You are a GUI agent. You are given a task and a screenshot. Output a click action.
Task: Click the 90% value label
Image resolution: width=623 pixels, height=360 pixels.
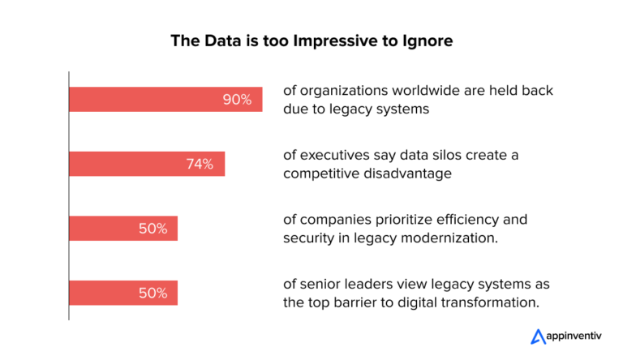click(x=238, y=100)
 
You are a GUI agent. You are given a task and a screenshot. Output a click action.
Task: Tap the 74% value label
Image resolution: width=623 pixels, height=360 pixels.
click(x=200, y=164)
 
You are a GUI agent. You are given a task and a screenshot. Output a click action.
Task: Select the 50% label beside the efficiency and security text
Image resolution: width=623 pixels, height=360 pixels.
click(x=153, y=229)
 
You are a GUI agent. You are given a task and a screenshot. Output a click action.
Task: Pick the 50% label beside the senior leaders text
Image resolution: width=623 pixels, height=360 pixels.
click(x=153, y=293)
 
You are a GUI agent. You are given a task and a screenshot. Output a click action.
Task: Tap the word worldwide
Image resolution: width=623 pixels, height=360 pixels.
click(x=415, y=91)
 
